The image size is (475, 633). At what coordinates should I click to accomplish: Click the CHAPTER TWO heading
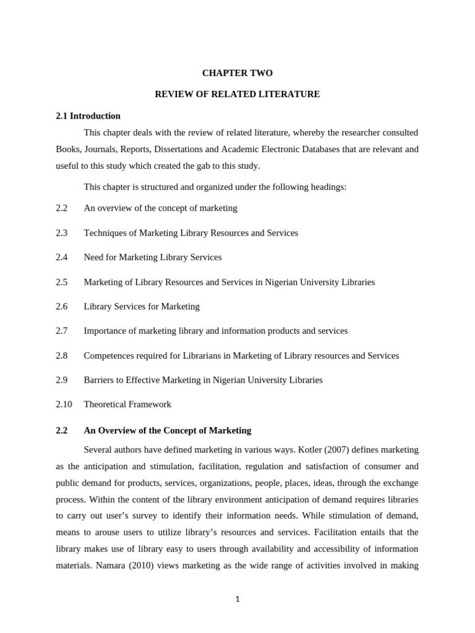(237, 73)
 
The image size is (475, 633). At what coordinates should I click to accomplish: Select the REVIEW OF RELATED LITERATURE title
(237, 94)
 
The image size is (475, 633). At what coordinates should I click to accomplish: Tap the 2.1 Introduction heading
(88, 116)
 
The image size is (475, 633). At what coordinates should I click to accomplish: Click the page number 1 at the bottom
(237, 599)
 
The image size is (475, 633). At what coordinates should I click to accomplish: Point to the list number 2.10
(64, 404)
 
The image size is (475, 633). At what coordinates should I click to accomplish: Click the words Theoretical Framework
(127, 404)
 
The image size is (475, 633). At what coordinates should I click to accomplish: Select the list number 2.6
(61, 306)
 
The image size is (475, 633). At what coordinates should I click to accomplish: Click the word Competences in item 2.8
(109, 355)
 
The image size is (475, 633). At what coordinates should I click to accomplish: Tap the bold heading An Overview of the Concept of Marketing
(167, 430)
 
